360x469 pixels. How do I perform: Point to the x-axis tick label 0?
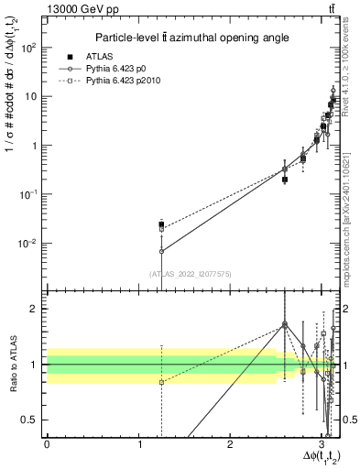(47, 443)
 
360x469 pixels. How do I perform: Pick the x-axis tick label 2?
(230, 443)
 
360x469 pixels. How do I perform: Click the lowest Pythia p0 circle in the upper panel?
(161, 251)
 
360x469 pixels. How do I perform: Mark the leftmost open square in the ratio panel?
(161, 382)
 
